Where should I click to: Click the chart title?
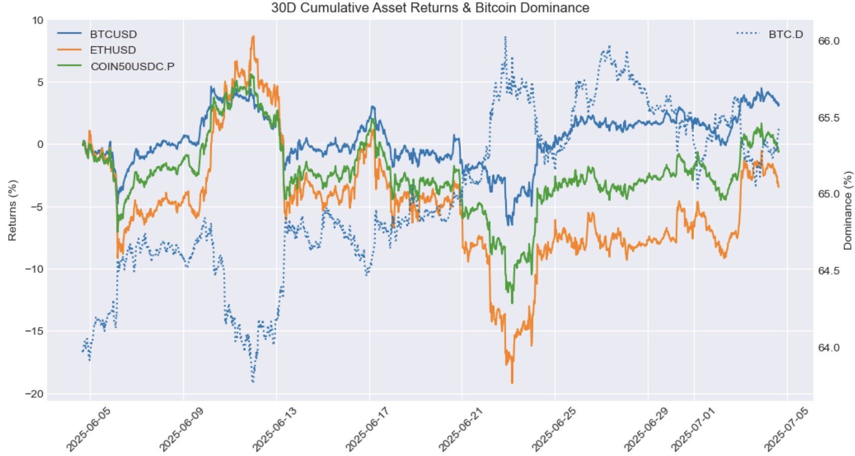click(430, 8)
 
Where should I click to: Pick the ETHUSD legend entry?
click(97, 50)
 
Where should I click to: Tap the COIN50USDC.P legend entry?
click(116, 66)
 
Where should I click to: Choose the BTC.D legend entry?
click(770, 34)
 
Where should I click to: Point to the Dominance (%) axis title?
click(848, 210)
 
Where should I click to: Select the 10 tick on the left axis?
click(38, 20)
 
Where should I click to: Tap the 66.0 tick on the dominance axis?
click(829, 41)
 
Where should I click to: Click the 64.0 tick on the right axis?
click(829, 348)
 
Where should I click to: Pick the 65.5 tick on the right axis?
click(829, 118)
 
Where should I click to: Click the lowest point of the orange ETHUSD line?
click(512, 383)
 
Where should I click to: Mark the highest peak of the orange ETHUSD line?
click(253, 36)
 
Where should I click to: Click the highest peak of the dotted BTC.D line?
click(505, 36)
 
